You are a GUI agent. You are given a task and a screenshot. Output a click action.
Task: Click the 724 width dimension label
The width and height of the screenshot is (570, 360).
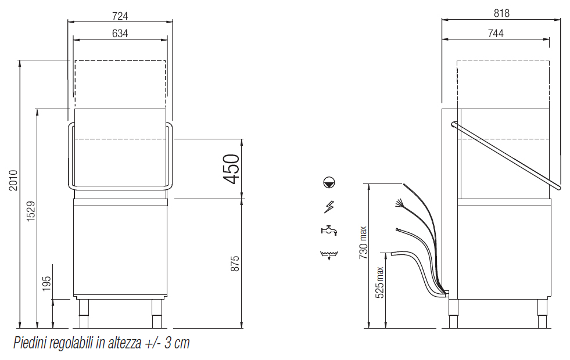(120, 16)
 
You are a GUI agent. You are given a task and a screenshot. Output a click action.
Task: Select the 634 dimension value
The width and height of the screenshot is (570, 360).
(120, 34)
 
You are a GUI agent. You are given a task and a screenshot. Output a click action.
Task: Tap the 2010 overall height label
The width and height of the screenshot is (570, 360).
(13, 180)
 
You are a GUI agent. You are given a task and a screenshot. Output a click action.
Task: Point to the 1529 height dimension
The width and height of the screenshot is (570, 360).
(31, 211)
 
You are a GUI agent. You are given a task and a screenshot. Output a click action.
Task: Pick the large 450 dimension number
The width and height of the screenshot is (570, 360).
(231, 169)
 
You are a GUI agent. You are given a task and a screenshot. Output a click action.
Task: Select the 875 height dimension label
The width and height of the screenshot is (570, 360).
(235, 264)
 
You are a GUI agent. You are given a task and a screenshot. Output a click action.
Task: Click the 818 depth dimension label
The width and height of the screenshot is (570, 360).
(501, 13)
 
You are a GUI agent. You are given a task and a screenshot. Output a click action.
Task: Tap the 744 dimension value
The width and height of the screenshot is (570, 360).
(496, 34)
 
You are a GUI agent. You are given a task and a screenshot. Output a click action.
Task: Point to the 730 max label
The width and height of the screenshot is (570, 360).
(363, 242)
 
